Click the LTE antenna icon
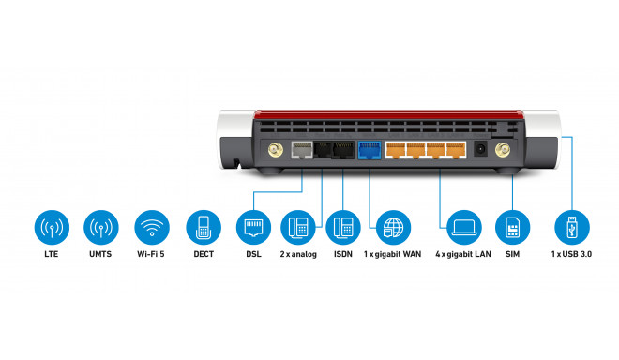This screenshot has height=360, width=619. point(52,228)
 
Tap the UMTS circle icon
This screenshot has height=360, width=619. point(101,228)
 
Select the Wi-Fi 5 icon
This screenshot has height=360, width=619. point(151,228)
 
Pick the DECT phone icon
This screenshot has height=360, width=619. point(202,228)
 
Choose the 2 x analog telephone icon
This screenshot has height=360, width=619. point(298,228)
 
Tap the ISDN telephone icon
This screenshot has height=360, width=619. point(344,228)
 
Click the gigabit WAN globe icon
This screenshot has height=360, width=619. point(393,228)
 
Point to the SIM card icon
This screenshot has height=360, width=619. point(512,228)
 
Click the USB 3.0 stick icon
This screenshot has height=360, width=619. point(571,228)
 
